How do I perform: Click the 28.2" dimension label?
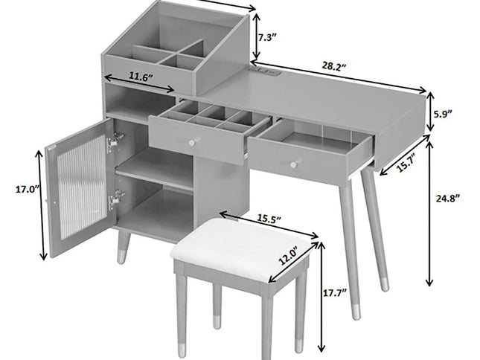point(333,66)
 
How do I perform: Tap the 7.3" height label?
point(267,38)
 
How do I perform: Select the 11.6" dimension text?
point(140,77)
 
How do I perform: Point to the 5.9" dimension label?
point(443,114)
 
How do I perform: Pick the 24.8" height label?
point(448,198)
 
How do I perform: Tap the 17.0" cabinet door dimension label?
point(28,190)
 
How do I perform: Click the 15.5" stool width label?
point(269,219)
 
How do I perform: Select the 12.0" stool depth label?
point(288,256)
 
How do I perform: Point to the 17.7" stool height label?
point(335,293)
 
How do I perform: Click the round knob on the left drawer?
point(192,143)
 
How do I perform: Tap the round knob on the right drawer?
point(293,164)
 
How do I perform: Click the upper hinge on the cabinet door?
point(115,140)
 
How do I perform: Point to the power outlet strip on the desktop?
point(266,71)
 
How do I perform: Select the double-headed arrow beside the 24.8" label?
point(429,214)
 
